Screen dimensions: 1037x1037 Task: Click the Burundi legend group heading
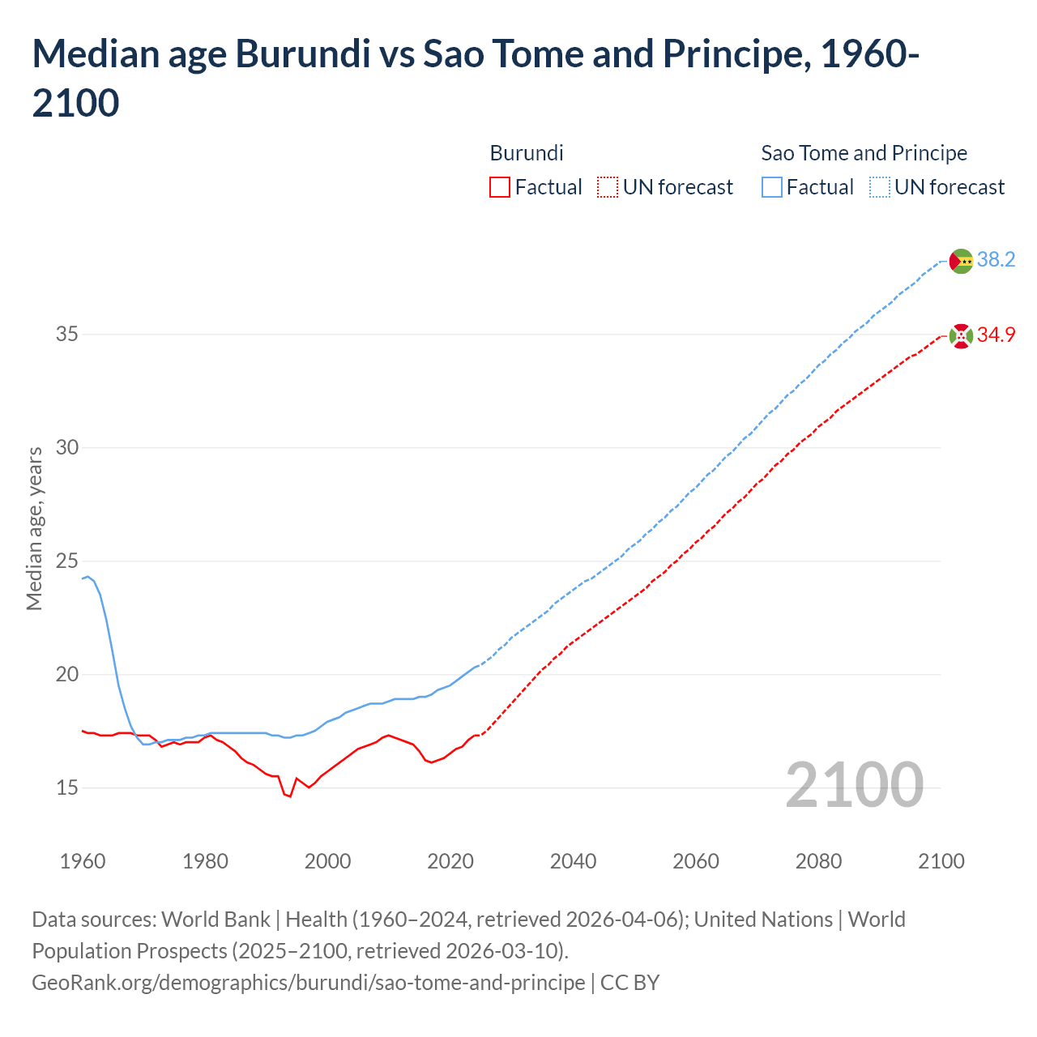point(527,153)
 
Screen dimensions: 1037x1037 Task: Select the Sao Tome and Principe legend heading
point(864,153)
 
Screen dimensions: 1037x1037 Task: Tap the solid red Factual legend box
point(500,187)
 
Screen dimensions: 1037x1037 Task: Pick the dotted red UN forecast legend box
point(608,187)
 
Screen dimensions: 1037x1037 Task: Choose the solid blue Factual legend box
point(772,187)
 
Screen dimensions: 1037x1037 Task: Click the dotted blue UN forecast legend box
point(880,187)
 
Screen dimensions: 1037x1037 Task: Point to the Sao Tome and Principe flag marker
point(961,261)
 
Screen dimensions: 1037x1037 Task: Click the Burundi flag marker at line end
point(961,335)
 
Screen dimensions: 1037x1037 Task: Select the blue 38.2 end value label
point(996,259)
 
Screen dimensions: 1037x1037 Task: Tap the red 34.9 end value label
point(996,335)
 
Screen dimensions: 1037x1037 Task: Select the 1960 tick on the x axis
point(83,860)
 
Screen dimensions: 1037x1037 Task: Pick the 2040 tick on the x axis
point(573,860)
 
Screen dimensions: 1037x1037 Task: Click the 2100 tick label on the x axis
point(941,860)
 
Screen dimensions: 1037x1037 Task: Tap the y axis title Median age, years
point(34,528)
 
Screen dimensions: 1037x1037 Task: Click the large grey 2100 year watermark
point(854,784)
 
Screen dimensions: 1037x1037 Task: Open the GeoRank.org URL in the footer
point(308,982)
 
